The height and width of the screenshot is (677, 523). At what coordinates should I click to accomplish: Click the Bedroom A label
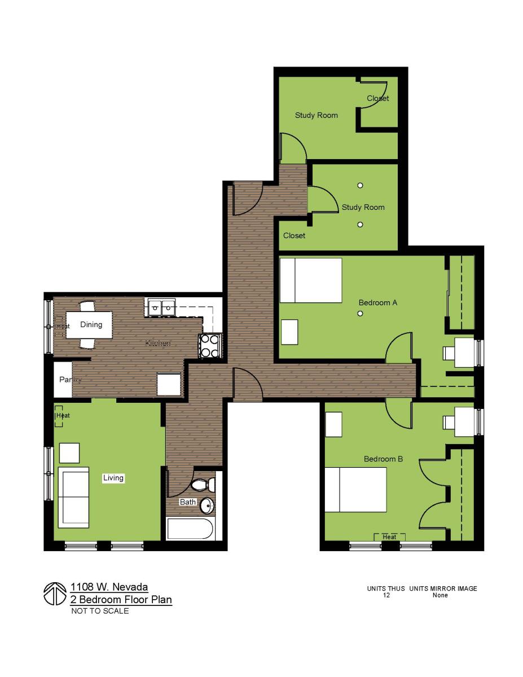point(377,303)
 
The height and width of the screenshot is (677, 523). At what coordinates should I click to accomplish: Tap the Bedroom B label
point(383,459)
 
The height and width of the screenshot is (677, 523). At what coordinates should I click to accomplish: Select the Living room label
point(113,478)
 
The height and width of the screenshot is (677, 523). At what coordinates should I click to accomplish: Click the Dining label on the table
point(91,324)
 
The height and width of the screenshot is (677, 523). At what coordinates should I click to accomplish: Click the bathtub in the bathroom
point(190,529)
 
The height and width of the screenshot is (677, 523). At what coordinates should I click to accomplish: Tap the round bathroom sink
point(207,505)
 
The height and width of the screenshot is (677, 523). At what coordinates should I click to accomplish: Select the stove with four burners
point(209,346)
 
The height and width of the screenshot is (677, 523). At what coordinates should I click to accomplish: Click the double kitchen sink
point(161,308)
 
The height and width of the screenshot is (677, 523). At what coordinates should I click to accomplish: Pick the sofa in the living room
point(73,497)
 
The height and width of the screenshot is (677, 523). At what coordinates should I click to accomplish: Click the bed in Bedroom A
point(311,280)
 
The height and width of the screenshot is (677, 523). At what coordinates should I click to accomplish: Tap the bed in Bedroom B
point(355,489)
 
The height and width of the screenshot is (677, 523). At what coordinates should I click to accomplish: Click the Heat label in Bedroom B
point(390,537)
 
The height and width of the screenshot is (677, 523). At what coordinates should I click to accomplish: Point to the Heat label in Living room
point(63,416)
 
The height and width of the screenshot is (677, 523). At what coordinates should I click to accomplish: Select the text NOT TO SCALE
point(100,611)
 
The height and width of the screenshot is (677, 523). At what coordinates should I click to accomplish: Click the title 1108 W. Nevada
point(109,587)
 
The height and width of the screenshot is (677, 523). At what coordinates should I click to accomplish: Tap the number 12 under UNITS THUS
point(386,595)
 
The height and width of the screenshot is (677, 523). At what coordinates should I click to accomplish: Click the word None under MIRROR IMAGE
point(440,595)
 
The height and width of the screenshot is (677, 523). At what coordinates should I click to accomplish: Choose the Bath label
point(187,502)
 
